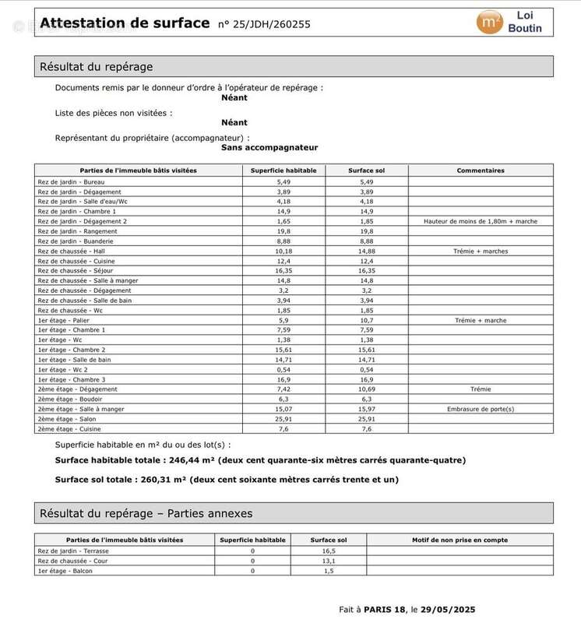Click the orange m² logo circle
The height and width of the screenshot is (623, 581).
pyautogui.click(x=490, y=22)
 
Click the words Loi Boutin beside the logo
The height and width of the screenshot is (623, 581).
pyautogui.click(x=525, y=22)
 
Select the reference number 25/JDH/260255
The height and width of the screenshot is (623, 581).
pyautogui.click(x=264, y=24)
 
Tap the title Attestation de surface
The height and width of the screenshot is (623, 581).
pyautogui.click(x=125, y=23)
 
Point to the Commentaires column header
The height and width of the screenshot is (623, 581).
pyautogui.click(x=481, y=171)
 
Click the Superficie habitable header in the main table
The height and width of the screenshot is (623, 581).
pyautogui.click(x=283, y=171)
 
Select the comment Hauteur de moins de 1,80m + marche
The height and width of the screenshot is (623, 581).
pyautogui.click(x=481, y=221)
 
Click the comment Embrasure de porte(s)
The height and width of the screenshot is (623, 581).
pyautogui.click(x=481, y=409)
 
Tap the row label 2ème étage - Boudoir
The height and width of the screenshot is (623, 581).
pyautogui.click(x=69, y=399)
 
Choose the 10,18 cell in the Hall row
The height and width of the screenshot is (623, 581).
pyautogui.click(x=283, y=251)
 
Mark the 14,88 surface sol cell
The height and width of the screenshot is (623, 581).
pyautogui.click(x=367, y=251)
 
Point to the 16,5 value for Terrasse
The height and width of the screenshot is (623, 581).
pyautogui.click(x=329, y=551)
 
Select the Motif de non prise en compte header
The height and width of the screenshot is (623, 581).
pyautogui.click(x=460, y=540)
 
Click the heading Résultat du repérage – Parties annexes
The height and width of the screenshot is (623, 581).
pyautogui.click(x=146, y=513)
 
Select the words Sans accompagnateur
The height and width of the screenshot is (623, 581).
pyautogui.click(x=269, y=147)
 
